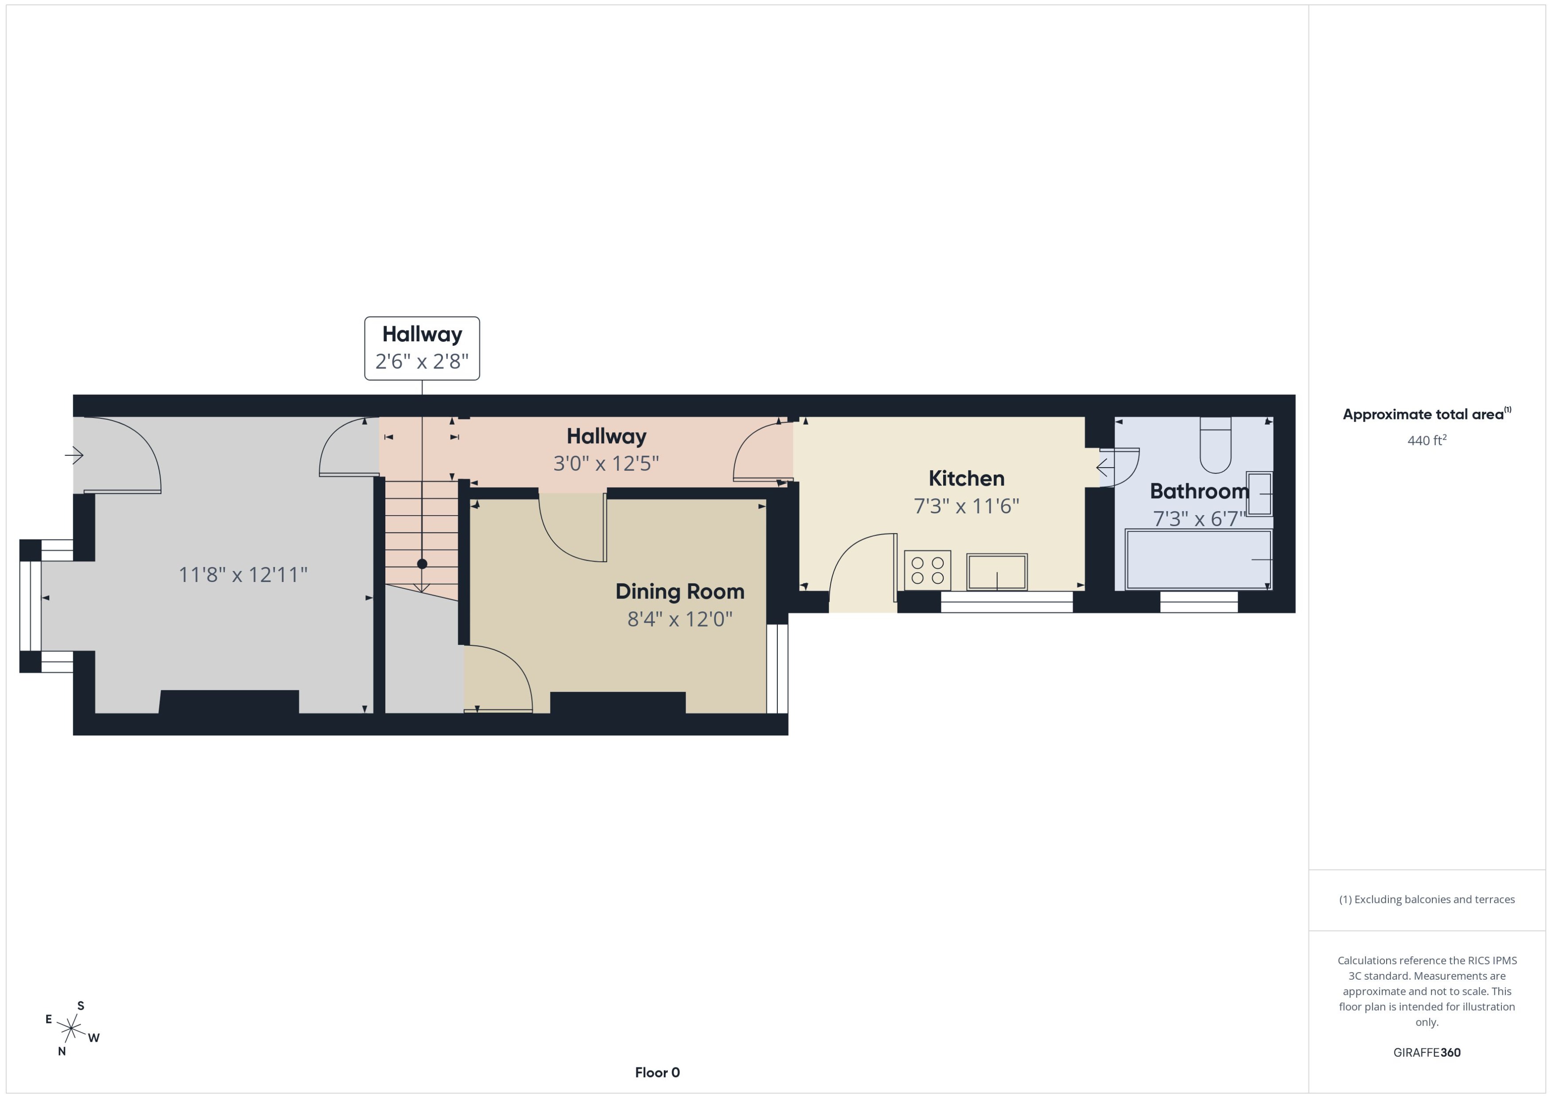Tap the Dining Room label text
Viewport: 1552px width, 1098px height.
[680, 592]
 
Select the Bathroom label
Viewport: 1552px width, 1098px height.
[1198, 491]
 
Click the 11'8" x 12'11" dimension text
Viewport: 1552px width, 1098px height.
[243, 574]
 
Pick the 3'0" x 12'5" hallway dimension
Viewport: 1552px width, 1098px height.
[606, 464]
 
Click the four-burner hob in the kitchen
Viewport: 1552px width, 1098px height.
[927, 570]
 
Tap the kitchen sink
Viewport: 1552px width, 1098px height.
[997, 572]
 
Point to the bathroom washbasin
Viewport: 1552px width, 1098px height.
[1259, 493]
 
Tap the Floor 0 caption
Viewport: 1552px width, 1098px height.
[657, 1072]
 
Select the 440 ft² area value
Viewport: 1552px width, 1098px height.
[1427, 441]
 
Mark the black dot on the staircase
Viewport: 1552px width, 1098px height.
[422, 564]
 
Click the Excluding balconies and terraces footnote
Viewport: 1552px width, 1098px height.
[1427, 899]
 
